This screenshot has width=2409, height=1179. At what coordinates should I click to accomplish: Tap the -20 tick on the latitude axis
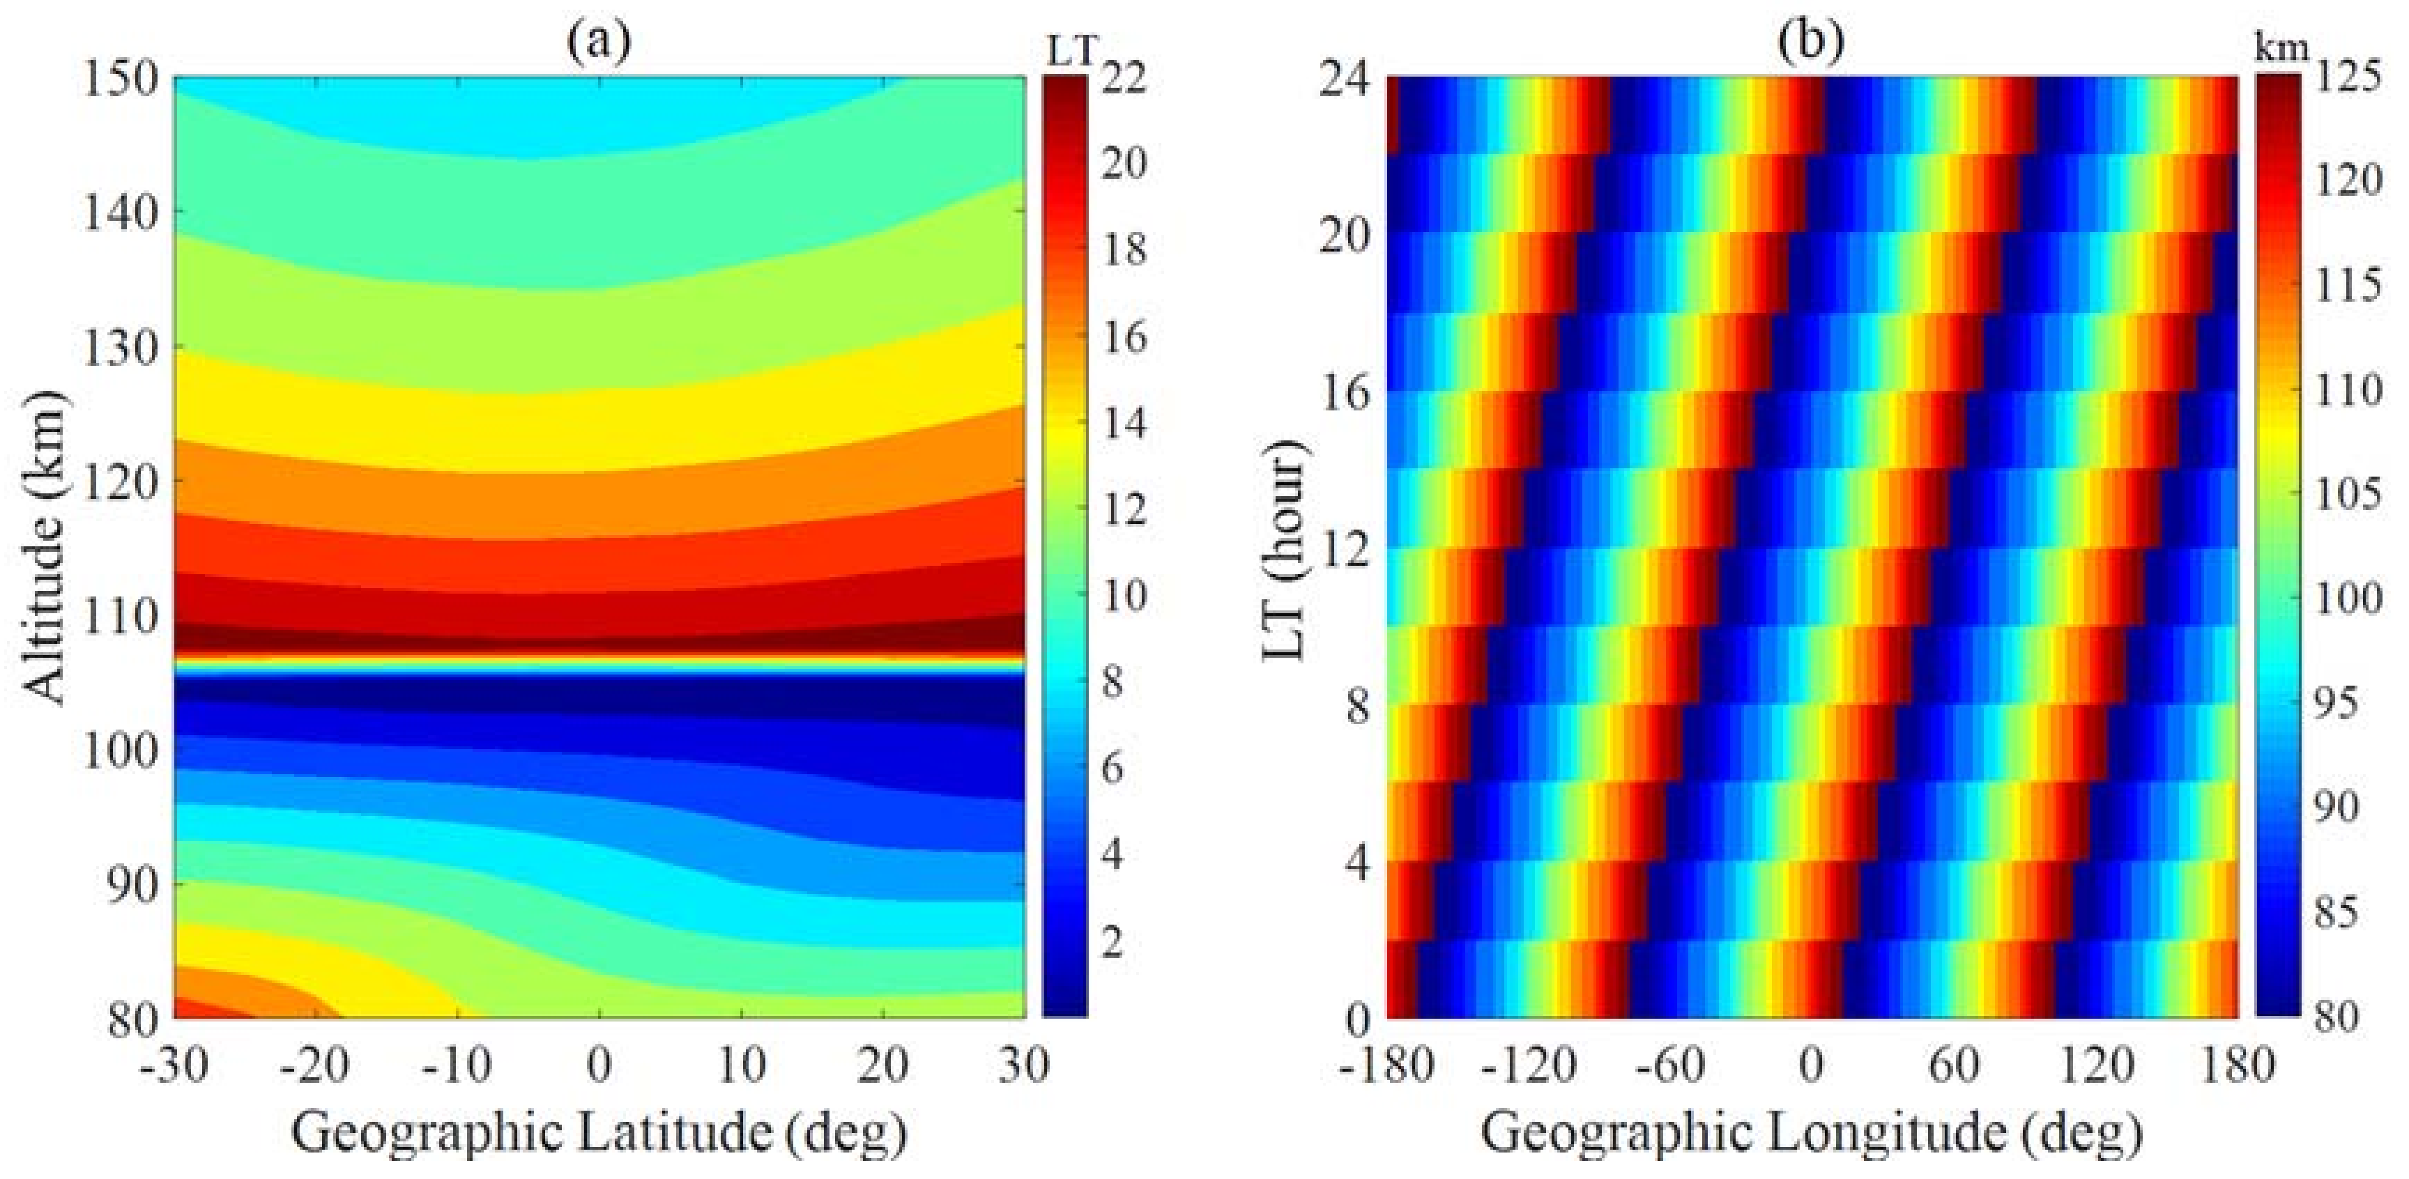[315, 1065]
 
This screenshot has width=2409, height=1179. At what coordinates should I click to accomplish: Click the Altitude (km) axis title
[47, 546]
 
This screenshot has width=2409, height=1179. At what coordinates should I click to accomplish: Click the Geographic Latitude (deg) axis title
[599, 1132]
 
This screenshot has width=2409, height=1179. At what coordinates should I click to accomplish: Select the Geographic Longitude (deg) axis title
[1812, 1132]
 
